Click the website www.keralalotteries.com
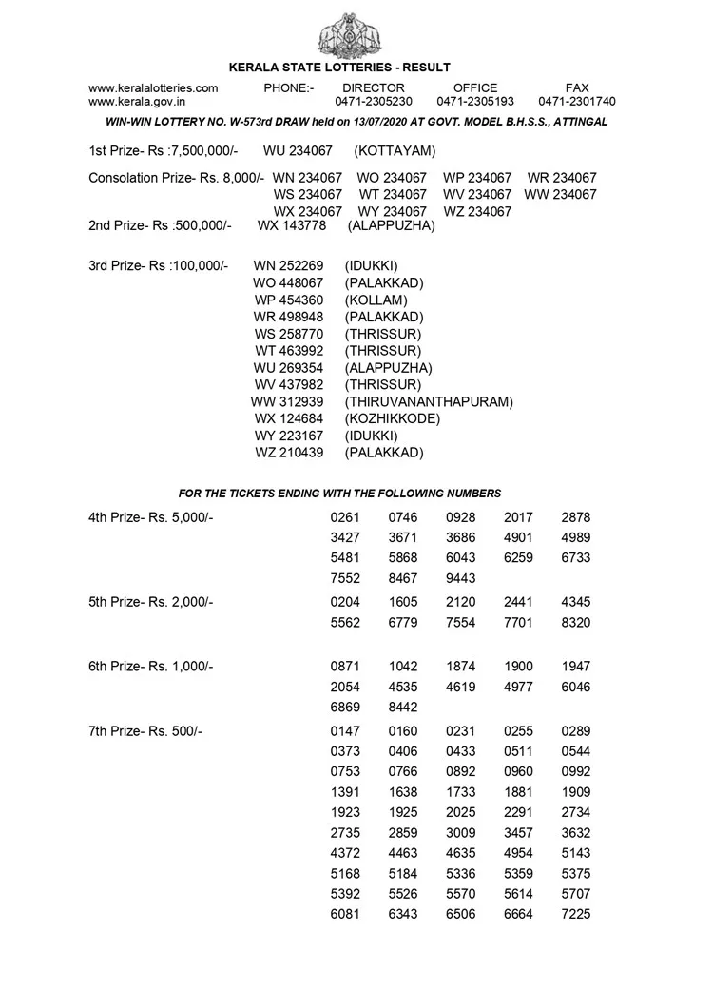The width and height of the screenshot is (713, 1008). (153, 87)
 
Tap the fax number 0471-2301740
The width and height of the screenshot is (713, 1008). (576, 101)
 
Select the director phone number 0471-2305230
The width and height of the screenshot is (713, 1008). (374, 101)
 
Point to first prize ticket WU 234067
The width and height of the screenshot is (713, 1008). (298, 151)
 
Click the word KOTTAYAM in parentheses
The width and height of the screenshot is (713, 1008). (395, 151)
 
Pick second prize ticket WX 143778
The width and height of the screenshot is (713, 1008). (292, 225)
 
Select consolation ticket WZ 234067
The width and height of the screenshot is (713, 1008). (477, 211)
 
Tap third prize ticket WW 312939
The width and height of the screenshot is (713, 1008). (288, 401)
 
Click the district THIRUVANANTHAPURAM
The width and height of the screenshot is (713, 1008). (429, 401)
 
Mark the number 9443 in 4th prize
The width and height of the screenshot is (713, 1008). (461, 578)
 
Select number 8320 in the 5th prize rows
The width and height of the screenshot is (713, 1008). (576, 622)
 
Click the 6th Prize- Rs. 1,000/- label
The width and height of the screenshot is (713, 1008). (151, 667)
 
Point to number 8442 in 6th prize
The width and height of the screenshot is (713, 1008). (403, 708)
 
